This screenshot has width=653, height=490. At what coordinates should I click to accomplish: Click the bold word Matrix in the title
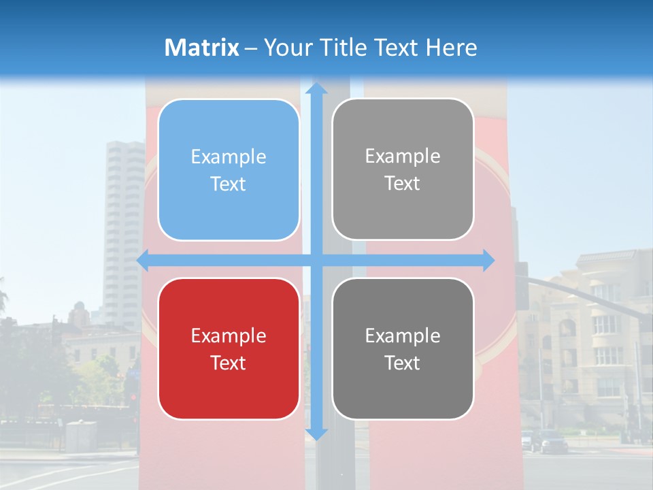(x=202, y=48)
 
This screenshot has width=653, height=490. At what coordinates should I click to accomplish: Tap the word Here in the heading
(x=451, y=48)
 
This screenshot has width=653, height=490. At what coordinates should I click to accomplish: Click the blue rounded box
(x=229, y=169)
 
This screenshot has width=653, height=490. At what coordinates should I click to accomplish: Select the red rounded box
(x=229, y=348)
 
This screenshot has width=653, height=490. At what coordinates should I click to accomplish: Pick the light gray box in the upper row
(x=403, y=169)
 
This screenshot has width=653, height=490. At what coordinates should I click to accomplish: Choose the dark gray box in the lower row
(x=403, y=348)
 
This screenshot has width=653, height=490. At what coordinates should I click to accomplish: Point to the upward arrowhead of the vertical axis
(x=316, y=88)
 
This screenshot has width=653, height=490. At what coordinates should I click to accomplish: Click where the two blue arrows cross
(x=316, y=260)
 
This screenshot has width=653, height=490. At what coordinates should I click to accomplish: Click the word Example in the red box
(x=229, y=336)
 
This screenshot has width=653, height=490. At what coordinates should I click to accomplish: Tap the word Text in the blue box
(x=229, y=184)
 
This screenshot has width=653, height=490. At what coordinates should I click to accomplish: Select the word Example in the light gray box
(x=403, y=156)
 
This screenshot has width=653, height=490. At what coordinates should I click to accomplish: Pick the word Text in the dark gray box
(x=403, y=363)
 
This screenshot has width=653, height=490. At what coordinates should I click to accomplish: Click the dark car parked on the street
(x=553, y=442)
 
